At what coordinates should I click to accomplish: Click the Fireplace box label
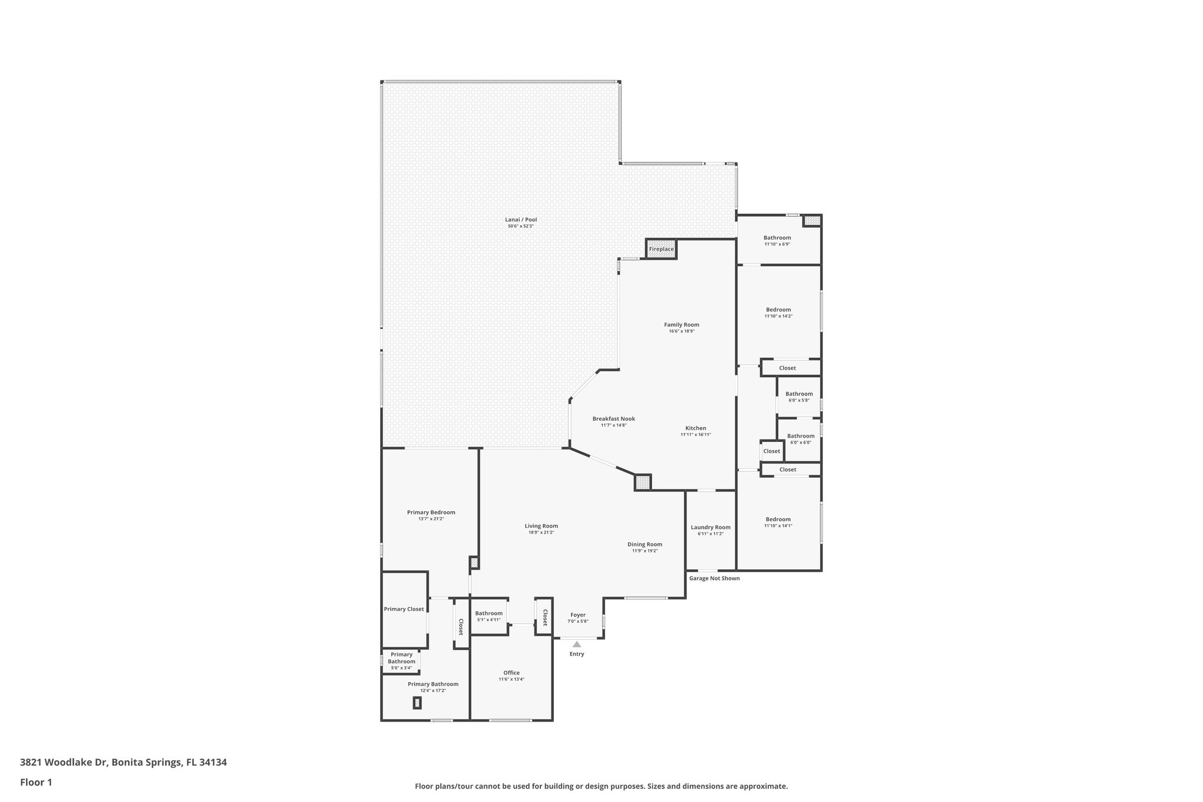click(x=661, y=249)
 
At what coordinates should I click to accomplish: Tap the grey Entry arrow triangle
click(x=577, y=644)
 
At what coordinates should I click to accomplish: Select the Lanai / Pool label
click(x=522, y=220)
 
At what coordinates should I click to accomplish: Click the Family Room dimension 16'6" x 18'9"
click(x=681, y=331)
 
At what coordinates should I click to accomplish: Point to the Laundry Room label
click(x=710, y=527)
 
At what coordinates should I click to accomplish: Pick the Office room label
click(x=511, y=673)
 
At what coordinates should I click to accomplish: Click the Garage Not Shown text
click(x=714, y=578)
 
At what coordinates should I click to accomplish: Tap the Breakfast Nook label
click(x=613, y=419)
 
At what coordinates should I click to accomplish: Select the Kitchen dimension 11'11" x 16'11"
click(x=695, y=435)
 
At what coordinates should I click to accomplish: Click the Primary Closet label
click(x=404, y=609)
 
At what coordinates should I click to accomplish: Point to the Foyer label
click(x=577, y=615)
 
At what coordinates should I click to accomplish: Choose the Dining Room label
click(x=644, y=544)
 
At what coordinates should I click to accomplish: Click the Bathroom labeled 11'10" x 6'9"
click(x=777, y=238)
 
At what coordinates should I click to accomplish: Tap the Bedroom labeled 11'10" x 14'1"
click(x=778, y=519)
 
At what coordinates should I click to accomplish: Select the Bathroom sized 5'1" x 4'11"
click(x=489, y=613)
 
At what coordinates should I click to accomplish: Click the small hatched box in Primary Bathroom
click(x=417, y=702)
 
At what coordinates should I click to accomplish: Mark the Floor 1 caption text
click(x=36, y=782)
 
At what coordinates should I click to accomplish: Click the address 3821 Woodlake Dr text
click(x=123, y=763)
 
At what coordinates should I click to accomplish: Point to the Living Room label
click(x=541, y=526)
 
